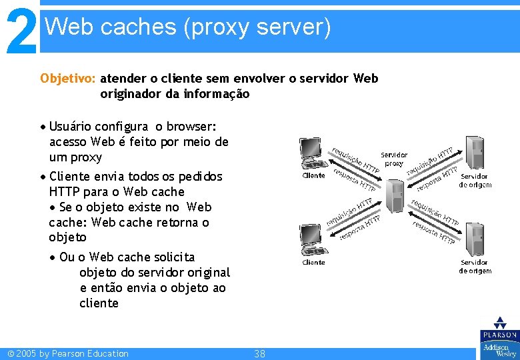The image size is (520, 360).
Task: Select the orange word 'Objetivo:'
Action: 68,79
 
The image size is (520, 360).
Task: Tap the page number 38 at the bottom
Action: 259,354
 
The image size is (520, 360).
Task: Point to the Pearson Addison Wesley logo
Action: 499,338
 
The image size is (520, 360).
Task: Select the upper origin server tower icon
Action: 474,153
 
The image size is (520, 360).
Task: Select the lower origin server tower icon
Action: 474,239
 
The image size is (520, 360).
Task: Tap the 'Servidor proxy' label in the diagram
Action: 394,159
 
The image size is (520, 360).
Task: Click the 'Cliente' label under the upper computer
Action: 313,176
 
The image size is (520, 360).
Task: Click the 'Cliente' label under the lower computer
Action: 313,263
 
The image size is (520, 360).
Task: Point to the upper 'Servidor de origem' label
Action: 475,181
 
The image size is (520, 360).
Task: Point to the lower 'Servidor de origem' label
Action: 475,267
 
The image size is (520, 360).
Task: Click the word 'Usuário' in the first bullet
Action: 71,127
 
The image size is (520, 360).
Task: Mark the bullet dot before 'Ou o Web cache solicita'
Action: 53,257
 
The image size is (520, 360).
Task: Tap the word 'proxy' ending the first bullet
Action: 87,157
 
